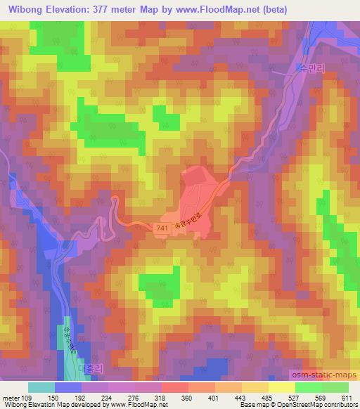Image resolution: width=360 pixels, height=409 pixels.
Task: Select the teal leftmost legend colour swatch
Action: point(41,387)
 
